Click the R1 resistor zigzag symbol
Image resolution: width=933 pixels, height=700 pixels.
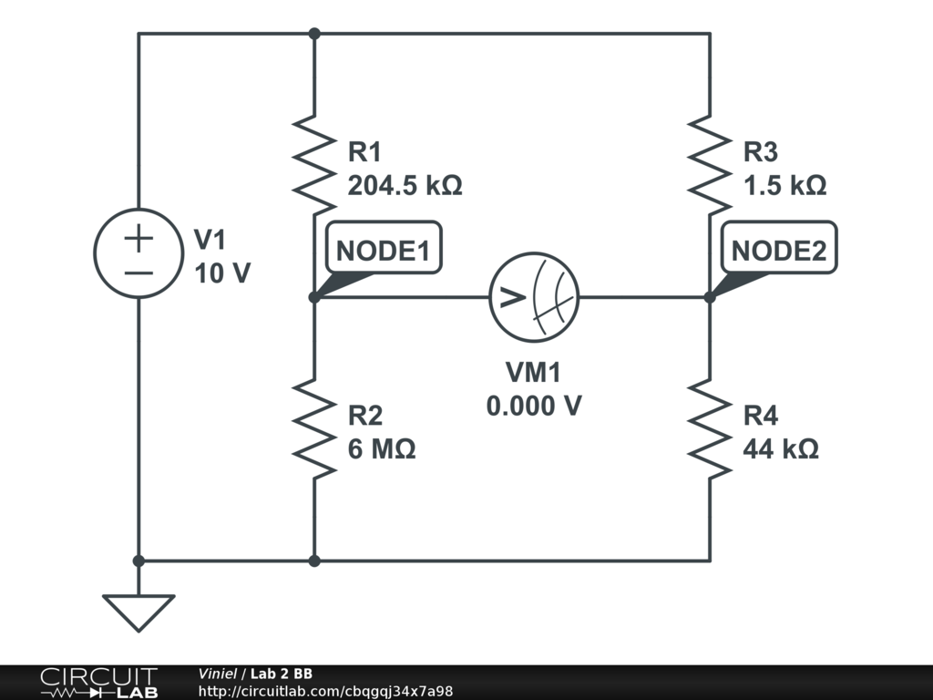pyautogui.click(x=314, y=166)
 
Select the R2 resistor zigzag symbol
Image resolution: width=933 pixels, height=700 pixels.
pyautogui.click(x=314, y=428)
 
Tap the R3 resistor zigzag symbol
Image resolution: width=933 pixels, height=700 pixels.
pyautogui.click(x=709, y=166)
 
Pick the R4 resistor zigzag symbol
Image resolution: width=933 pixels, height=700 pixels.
pyautogui.click(x=709, y=428)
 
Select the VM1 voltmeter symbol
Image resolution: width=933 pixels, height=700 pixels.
pyautogui.click(x=534, y=297)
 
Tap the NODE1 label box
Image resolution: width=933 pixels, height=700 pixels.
pyautogui.click(x=384, y=248)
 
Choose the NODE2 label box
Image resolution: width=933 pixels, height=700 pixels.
pyautogui.click(x=779, y=248)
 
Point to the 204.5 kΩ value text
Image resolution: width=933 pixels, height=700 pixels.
pyautogui.click(x=405, y=186)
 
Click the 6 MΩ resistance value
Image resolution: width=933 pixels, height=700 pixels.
pyautogui.click(x=382, y=448)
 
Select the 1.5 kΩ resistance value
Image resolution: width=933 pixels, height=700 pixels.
pyautogui.click(x=784, y=186)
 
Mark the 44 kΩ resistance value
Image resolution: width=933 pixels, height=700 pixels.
pyautogui.click(x=781, y=448)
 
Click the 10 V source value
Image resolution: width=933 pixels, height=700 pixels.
pyautogui.click(x=222, y=273)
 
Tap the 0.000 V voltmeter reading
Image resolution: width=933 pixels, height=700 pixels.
pyautogui.click(x=534, y=407)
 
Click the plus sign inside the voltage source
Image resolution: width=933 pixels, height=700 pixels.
pyautogui.click(x=138, y=238)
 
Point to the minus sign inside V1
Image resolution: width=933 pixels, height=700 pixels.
pyautogui.click(x=138, y=273)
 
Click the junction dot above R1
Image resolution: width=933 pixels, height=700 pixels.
pyautogui.click(x=314, y=34)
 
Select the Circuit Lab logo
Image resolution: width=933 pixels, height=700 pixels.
pyautogui.click(x=98, y=682)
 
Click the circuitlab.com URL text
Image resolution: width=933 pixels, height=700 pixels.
pyautogui.click(x=325, y=691)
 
